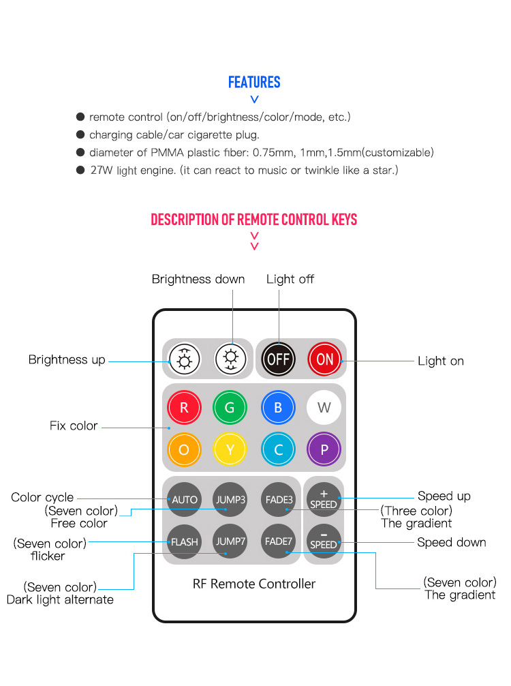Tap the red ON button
(x=324, y=359)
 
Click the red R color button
(x=184, y=408)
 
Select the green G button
(x=230, y=408)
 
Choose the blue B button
(x=278, y=408)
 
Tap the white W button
(x=324, y=408)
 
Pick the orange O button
(x=184, y=449)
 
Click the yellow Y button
(x=230, y=449)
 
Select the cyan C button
(x=278, y=449)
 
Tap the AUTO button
(x=184, y=499)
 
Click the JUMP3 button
(x=230, y=499)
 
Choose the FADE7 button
(x=278, y=541)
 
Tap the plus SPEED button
(x=324, y=499)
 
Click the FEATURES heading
(x=254, y=83)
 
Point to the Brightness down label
(x=198, y=279)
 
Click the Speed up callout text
(x=444, y=496)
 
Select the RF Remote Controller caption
(x=254, y=584)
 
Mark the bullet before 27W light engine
(x=80, y=170)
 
